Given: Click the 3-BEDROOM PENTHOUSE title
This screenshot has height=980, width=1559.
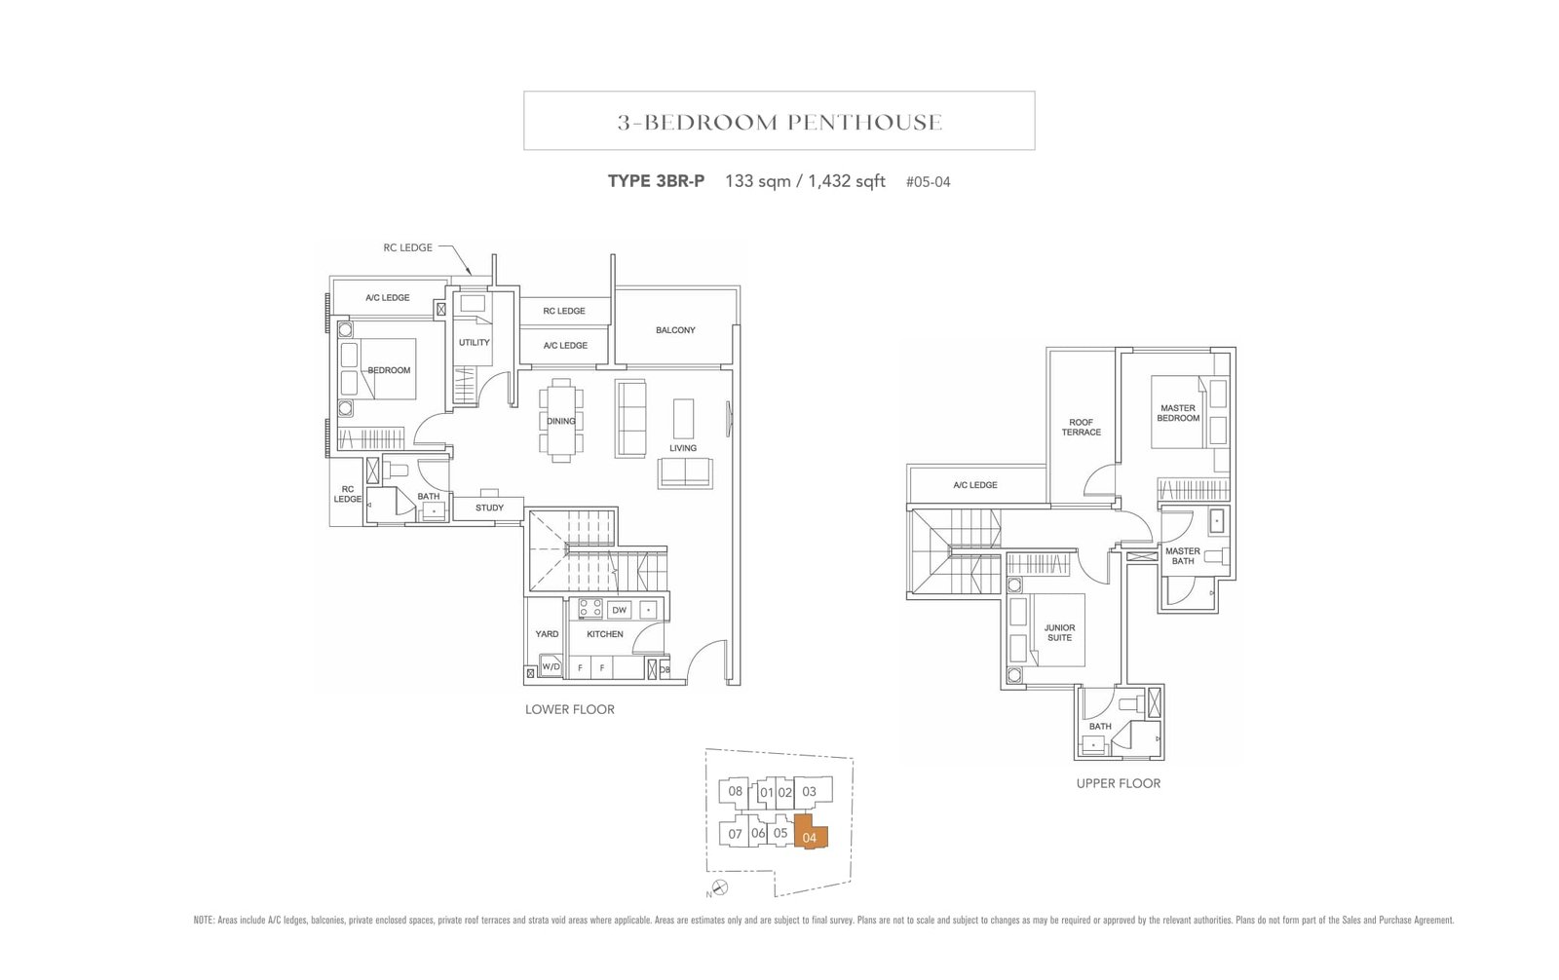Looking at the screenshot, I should (x=779, y=122).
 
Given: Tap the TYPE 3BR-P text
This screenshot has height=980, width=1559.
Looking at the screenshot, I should (x=656, y=181).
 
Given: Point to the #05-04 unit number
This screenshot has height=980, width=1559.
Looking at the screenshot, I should (x=927, y=182).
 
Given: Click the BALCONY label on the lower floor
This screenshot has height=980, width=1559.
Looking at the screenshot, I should (x=675, y=330).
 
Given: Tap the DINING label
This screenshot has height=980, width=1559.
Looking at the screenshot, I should (x=560, y=421).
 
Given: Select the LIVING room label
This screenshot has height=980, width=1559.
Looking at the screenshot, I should (x=682, y=448).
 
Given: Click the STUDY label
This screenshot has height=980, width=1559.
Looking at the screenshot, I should (x=489, y=508).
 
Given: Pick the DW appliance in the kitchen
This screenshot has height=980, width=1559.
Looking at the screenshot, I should (x=619, y=610).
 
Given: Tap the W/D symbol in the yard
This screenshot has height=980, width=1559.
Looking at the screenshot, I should (x=551, y=667).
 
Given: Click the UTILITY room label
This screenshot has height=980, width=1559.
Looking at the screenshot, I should (x=475, y=342).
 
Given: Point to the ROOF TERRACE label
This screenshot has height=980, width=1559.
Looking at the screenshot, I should (x=1081, y=428).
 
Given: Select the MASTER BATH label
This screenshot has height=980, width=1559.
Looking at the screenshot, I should (x=1182, y=555).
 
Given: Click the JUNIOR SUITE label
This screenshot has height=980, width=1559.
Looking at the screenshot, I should (x=1059, y=632).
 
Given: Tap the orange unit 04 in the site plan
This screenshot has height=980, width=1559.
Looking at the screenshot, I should (x=810, y=835).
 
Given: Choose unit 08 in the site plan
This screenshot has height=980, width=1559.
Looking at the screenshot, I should (x=735, y=791).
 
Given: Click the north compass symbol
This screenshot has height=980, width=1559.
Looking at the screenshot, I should (x=719, y=886).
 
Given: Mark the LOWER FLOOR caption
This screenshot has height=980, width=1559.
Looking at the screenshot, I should (x=569, y=709).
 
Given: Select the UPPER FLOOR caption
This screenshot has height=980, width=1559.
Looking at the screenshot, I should (x=1118, y=783).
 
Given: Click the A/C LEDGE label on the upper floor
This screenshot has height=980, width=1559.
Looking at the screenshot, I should (x=974, y=484).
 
